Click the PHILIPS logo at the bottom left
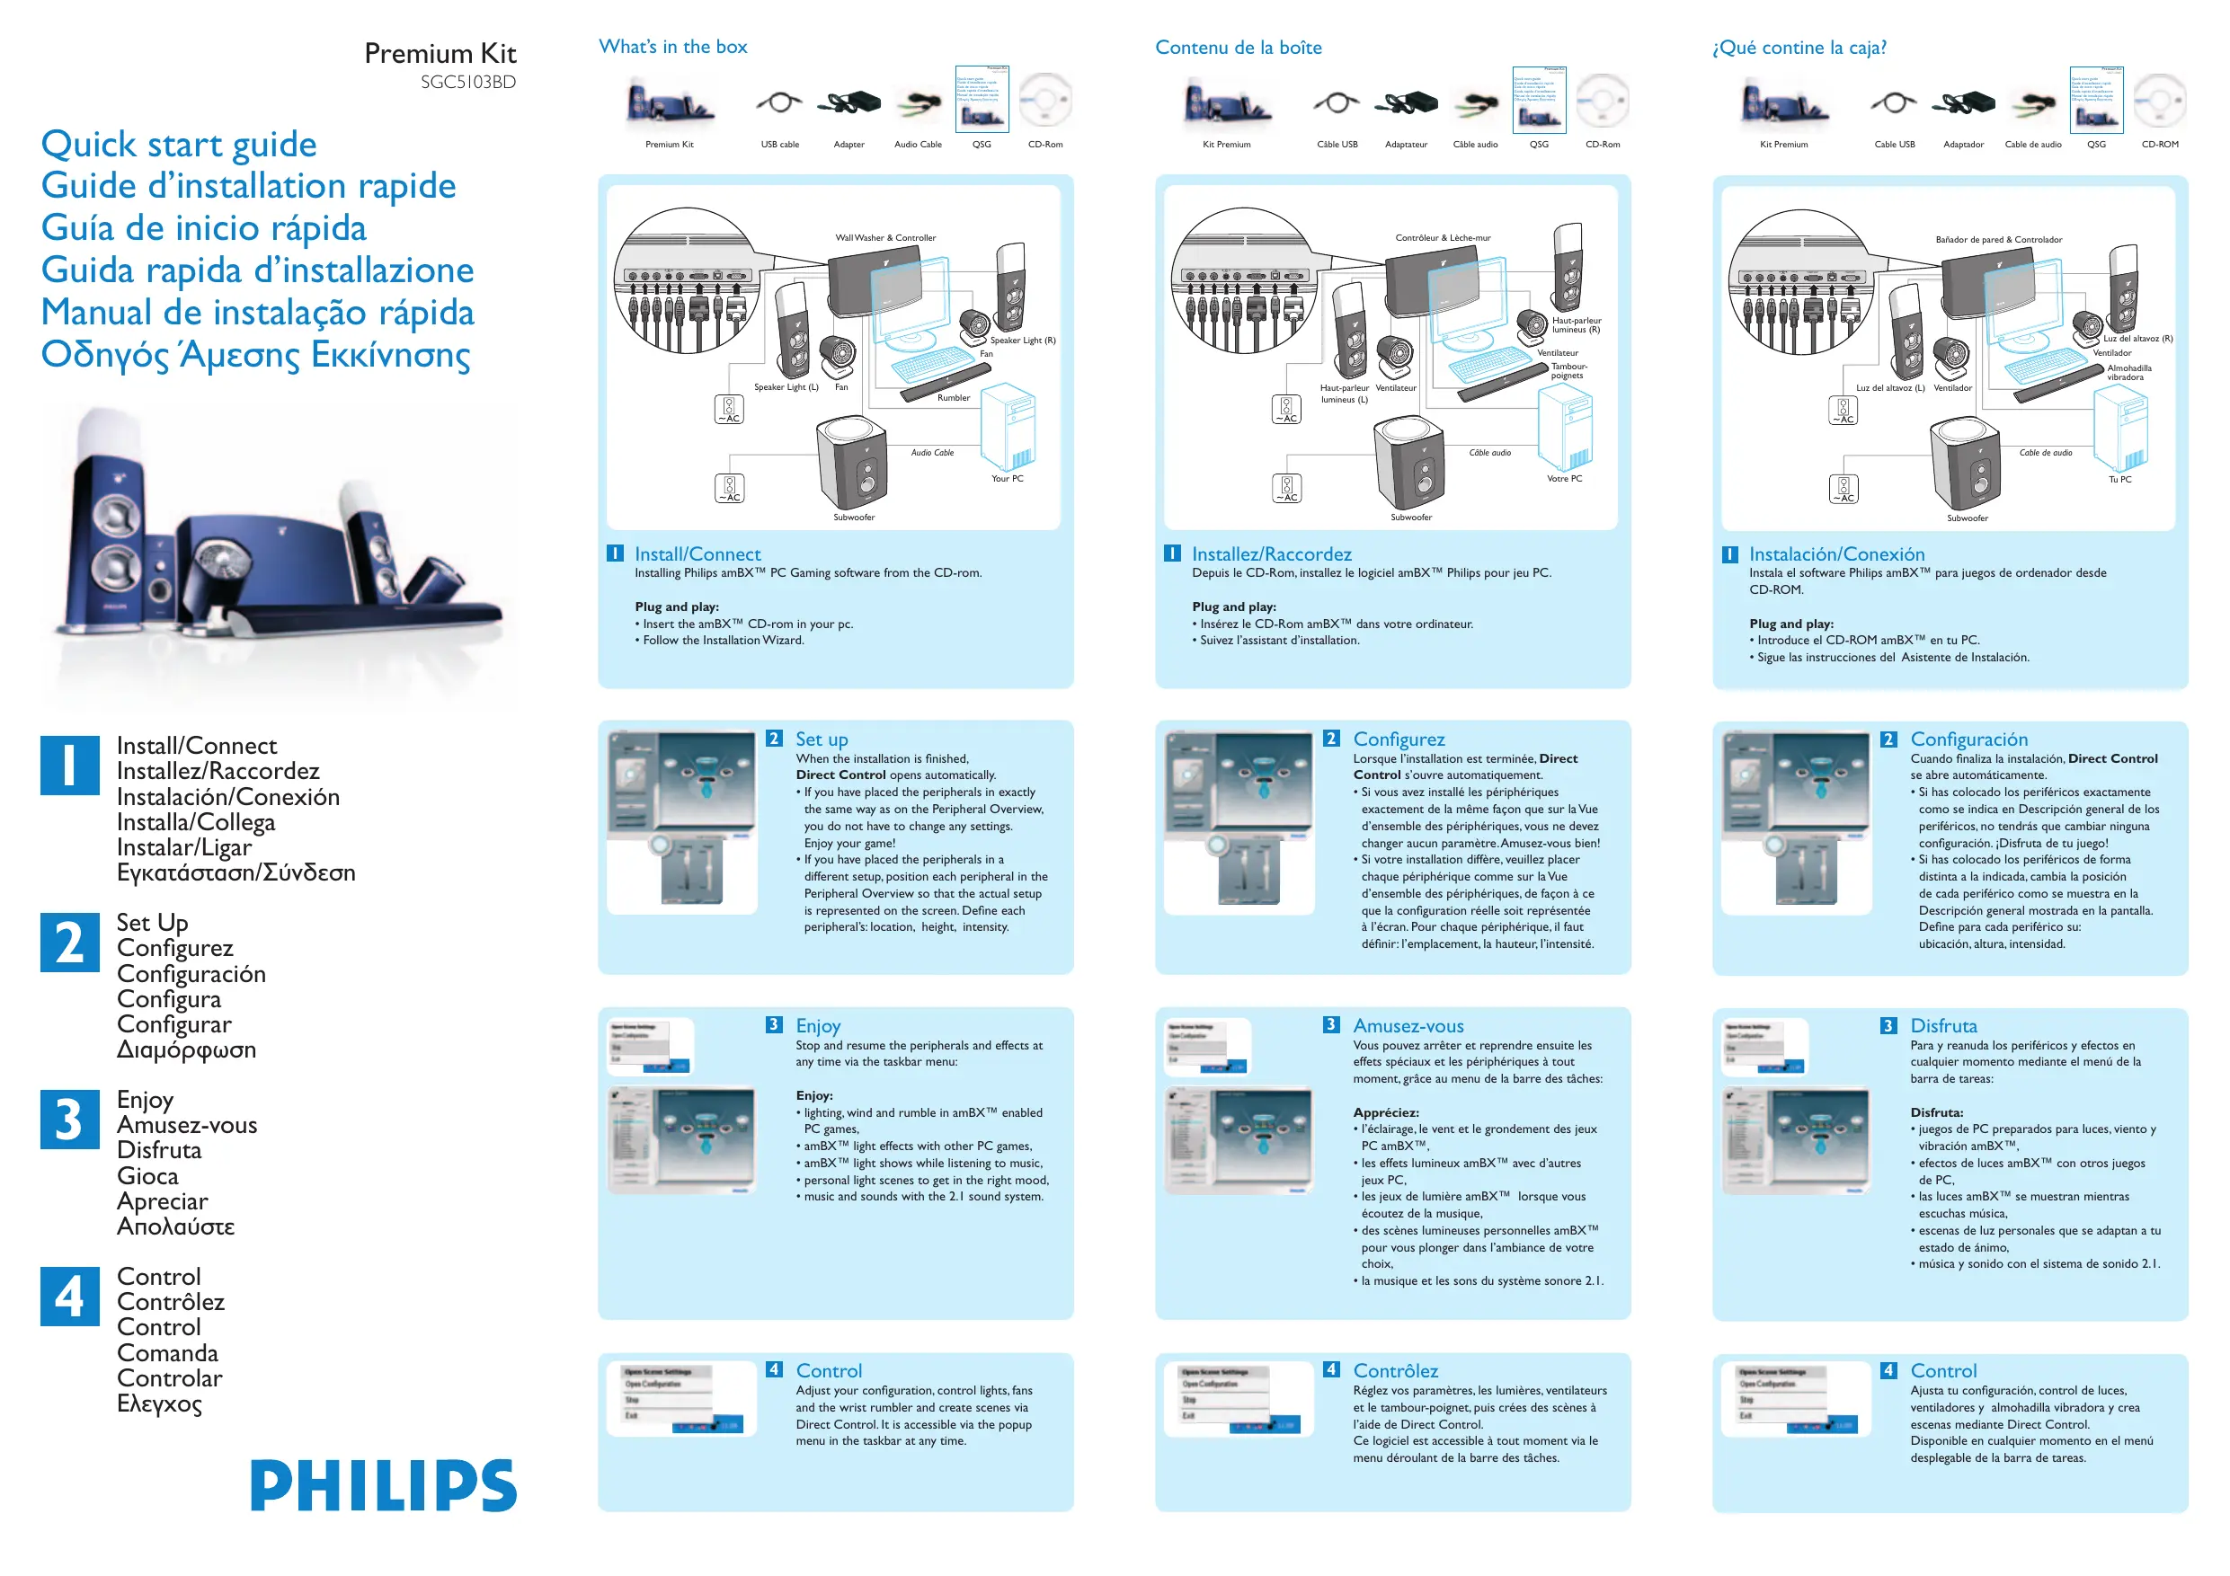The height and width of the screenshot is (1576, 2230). click(x=384, y=1484)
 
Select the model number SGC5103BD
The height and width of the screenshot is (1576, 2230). click(x=468, y=83)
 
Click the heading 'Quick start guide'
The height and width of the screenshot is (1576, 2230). click(x=179, y=145)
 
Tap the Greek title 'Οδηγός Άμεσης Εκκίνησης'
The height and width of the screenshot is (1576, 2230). click(x=255, y=354)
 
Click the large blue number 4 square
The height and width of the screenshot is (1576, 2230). click(x=70, y=1297)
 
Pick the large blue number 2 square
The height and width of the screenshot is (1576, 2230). click(x=70, y=942)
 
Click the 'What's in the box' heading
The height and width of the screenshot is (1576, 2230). click(x=673, y=47)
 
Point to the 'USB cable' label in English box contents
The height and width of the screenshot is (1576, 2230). click(x=780, y=145)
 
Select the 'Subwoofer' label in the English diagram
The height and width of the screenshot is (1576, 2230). click(x=854, y=518)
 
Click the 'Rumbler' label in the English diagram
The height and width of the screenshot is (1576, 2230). click(x=953, y=398)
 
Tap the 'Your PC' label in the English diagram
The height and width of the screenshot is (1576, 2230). click(x=1008, y=479)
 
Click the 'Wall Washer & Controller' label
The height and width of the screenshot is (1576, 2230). click(x=885, y=238)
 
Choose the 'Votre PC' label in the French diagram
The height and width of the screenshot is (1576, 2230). click(x=1564, y=479)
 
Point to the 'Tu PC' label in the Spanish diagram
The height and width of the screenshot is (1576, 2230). click(x=2119, y=480)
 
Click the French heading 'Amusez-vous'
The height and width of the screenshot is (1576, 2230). click(x=1408, y=1025)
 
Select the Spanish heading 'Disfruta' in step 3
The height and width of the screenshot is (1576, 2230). click(x=1943, y=1025)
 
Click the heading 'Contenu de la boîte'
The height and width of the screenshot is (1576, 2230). click(x=1239, y=48)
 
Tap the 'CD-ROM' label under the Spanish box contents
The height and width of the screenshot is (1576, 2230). click(x=2160, y=145)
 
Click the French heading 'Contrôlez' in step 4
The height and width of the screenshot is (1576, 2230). click(x=1396, y=1370)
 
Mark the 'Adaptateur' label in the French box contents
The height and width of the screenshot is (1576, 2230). click(x=1407, y=145)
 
